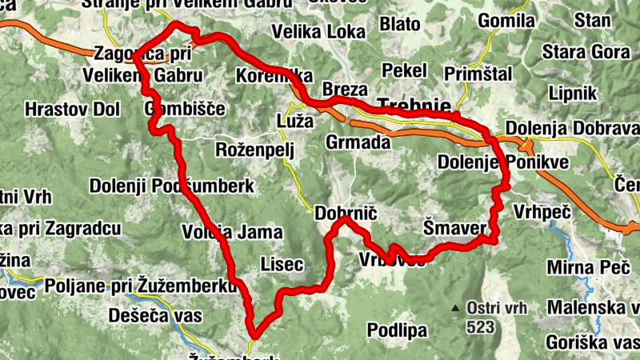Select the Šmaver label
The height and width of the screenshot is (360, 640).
pos(454,230)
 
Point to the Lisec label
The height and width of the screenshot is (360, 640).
pos(282,263)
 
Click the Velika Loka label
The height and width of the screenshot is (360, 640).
pos(318,32)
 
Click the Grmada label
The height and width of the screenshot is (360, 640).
pos(358,143)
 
